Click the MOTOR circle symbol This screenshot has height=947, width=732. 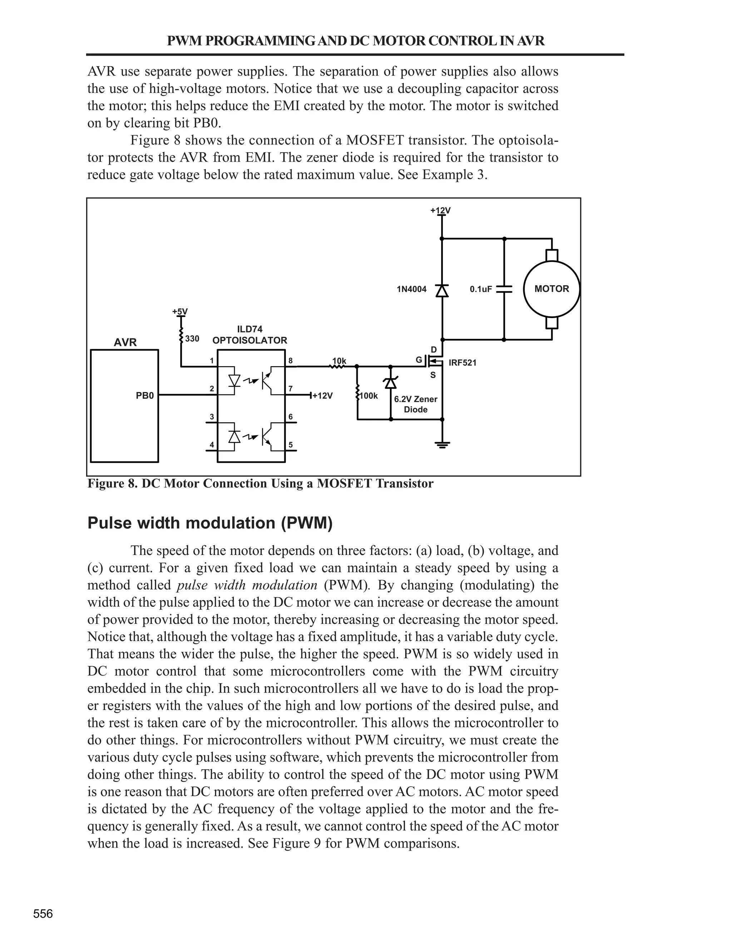(551, 289)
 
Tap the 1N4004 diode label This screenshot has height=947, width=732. (411, 289)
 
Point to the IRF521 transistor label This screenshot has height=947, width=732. (462, 363)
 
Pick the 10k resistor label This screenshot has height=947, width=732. (339, 361)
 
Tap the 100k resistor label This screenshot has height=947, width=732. (369, 396)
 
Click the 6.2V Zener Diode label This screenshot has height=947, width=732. (415, 404)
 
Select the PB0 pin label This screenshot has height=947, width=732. (145, 396)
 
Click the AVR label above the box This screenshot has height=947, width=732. (125, 343)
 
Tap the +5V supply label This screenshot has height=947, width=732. (180, 311)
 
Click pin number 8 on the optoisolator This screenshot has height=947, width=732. (291, 361)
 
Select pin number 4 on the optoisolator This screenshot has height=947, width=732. (212, 445)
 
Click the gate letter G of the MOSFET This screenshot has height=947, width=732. (419, 360)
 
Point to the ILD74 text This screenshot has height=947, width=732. (249, 329)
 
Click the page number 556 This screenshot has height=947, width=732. (43, 914)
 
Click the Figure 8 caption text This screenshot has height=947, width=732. (260, 484)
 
